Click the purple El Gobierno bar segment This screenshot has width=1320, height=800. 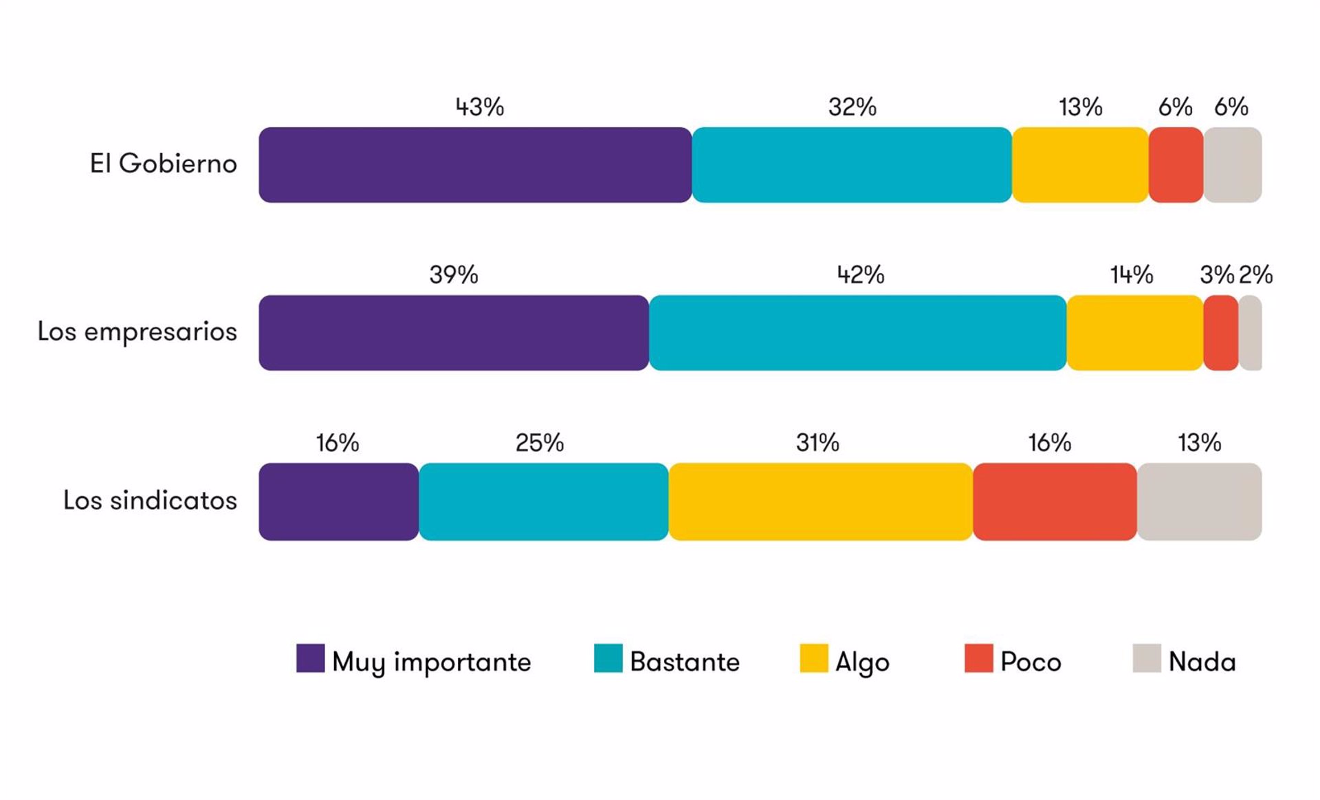pos(475,165)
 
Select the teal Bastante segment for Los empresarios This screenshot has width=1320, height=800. pos(858,333)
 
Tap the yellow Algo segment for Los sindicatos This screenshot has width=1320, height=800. pos(821,501)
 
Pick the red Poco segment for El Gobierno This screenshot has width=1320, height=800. pos(1176,165)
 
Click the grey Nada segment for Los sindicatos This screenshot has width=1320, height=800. pos(1200,501)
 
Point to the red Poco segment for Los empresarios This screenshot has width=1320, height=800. pos(1221,333)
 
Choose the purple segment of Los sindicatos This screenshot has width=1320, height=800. pos(339,501)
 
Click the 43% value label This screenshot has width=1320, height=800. pos(480,107)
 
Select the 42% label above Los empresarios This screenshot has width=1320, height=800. pos(861,275)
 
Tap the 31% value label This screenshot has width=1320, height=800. pos(818,443)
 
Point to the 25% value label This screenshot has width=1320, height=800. pos(540,443)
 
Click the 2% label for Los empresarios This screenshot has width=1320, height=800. pos(1256,275)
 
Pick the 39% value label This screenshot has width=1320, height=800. pos(454,275)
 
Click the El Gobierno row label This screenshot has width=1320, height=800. pos(164,164)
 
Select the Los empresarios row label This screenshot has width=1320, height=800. pos(137,332)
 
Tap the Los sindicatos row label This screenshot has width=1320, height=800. pos(151,500)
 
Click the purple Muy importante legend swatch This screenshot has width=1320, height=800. pos(311,658)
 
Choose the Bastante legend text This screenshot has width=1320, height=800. pos(685,662)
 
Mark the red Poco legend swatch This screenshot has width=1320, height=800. pos(979,658)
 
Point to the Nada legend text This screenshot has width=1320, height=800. pos(1202,662)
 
